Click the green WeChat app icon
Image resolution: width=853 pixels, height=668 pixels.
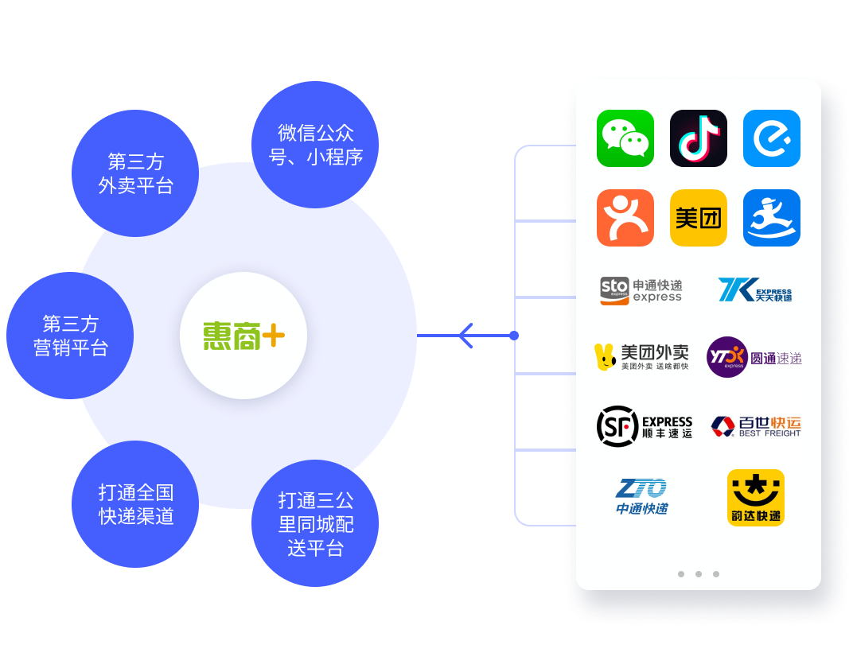tap(625, 138)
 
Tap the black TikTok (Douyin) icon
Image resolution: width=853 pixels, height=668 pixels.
tap(699, 138)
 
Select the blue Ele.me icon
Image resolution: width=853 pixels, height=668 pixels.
tap(772, 138)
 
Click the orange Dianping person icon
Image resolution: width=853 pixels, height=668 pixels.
tap(625, 218)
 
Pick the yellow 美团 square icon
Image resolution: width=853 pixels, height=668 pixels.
tap(699, 218)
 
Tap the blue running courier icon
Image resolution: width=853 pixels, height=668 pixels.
tap(772, 218)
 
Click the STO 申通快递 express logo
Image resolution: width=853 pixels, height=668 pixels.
tap(641, 290)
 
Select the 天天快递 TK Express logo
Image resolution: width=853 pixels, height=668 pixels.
tap(755, 290)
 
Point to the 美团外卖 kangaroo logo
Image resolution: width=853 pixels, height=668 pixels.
tap(641, 357)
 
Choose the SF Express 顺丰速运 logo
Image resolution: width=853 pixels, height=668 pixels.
tap(645, 425)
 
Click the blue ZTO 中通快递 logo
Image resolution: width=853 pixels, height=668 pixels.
tap(641, 497)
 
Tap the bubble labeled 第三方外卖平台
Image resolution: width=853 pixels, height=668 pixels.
tap(135, 173)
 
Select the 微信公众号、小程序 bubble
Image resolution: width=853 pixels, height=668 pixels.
tap(315, 145)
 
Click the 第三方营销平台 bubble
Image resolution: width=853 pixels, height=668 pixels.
tap(70, 336)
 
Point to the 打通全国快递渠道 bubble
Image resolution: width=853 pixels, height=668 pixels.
tap(135, 504)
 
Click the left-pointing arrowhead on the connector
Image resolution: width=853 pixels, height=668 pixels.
tap(465, 336)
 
